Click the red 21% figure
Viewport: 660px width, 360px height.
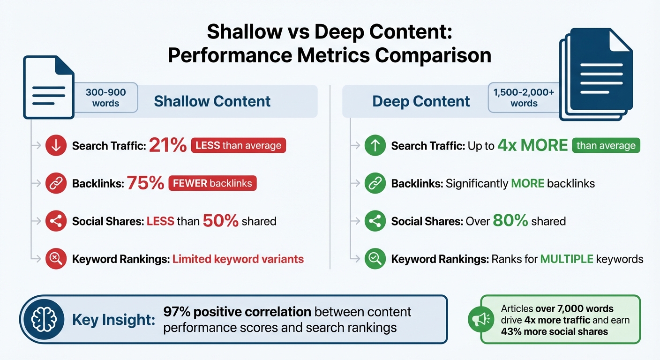click(167, 146)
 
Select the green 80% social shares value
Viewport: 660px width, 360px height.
click(510, 221)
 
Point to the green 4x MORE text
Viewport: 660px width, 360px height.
click(533, 146)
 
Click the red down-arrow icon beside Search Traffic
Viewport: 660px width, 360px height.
click(55, 146)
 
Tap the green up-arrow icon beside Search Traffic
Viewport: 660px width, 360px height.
click(375, 146)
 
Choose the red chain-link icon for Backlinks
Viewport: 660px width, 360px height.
click(55, 184)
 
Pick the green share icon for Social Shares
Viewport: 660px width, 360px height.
click(375, 221)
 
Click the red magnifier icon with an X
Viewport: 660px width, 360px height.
click(55, 259)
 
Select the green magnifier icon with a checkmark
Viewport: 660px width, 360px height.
click(375, 259)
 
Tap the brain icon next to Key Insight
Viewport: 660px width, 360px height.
click(44, 320)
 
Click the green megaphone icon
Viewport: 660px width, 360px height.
click(480, 320)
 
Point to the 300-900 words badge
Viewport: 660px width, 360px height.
click(105, 97)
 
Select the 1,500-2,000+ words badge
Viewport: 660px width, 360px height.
click(524, 97)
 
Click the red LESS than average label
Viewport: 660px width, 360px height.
click(239, 146)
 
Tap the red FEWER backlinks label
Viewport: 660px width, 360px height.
click(212, 183)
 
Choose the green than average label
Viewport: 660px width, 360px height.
click(606, 146)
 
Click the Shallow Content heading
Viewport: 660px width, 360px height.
click(212, 101)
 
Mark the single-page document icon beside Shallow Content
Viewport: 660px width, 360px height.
click(49, 88)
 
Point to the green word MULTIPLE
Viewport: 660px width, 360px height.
click(567, 259)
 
